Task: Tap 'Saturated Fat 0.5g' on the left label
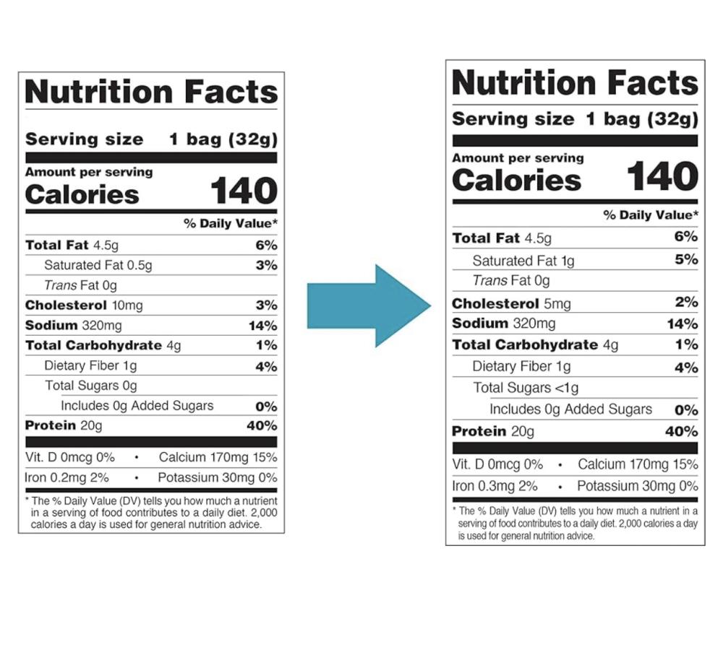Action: [98, 266]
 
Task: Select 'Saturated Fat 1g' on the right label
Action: [523, 261]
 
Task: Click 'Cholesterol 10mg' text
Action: [84, 305]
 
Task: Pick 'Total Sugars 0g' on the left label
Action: [90, 386]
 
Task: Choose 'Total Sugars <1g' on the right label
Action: [526, 388]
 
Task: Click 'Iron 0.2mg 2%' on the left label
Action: [67, 477]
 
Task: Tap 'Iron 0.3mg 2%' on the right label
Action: [495, 486]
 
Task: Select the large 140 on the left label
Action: [244, 191]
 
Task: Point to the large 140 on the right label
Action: [662, 177]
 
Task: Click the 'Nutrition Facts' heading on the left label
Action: [151, 92]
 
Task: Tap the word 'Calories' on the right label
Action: [516, 181]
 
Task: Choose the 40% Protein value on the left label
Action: [261, 425]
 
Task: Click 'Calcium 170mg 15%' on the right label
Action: [638, 464]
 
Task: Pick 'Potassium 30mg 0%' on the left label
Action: [217, 477]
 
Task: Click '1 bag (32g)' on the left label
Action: [223, 139]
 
